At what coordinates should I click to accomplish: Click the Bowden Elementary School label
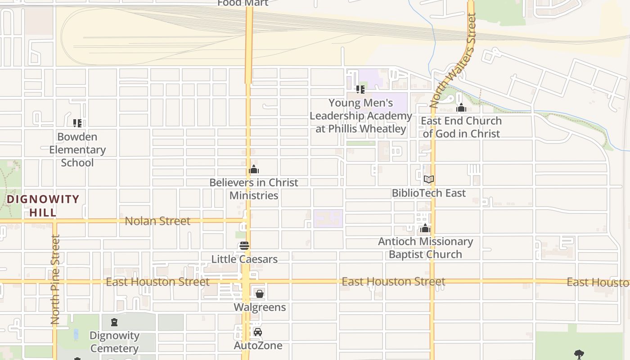pyautogui.click(x=77, y=149)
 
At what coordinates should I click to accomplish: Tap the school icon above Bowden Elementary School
pyautogui.click(x=77, y=123)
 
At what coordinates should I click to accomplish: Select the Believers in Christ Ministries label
pyautogui.click(x=254, y=189)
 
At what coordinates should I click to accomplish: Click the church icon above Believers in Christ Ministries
pyautogui.click(x=254, y=170)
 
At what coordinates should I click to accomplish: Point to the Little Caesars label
pyautogui.click(x=244, y=259)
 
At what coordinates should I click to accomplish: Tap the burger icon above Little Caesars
pyautogui.click(x=244, y=246)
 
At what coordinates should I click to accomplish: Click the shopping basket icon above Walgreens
pyautogui.click(x=260, y=294)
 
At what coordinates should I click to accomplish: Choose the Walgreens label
pyautogui.click(x=260, y=307)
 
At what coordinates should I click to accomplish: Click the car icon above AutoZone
pyautogui.click(x=258, y=332)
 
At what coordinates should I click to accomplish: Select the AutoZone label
pyautogui.click(x=258, y=346)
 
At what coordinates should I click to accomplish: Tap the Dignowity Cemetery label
pyautogui.click(x=114, y=342)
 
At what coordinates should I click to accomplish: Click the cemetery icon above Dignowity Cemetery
pyautogui.click(x=114, y=322)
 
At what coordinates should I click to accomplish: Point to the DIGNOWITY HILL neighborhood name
pyautogui.click(x=43, y=206)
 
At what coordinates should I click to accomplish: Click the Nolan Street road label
pyautogui.click(x=157, y=221)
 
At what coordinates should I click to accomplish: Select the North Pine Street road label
pyautogui.click(x=55, y=279)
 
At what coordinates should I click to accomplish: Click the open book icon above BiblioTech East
pyautogui.click(x=429, y=180)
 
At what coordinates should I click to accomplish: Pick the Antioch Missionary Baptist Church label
pyautogui.click(x=425, y=248)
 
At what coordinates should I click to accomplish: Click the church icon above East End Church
pyautogui.click(x=461, y=108)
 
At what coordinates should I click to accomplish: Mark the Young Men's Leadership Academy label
pyautogui.click(x=360, y=116)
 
